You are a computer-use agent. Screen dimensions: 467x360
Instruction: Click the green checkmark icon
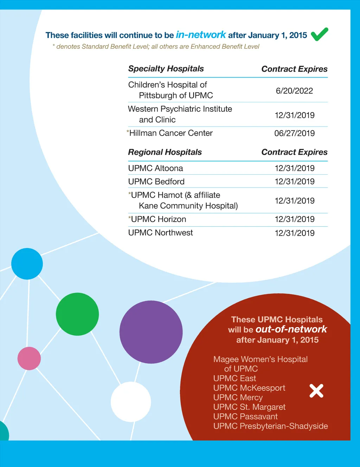[319, 34]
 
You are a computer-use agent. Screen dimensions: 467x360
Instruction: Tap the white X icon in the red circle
[316, 391]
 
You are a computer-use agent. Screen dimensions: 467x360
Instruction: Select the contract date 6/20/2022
[294, 91]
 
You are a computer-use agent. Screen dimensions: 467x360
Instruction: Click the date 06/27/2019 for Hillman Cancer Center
[294, 133]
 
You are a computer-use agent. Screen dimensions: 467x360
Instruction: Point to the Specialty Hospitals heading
[166, 69]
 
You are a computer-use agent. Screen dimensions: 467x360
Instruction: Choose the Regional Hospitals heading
[165, 152]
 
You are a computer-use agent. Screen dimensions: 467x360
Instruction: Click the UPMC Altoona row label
[155, 168]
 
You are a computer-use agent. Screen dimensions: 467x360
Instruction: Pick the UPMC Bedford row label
[156, 182]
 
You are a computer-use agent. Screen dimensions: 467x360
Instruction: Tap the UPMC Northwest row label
[160, 233]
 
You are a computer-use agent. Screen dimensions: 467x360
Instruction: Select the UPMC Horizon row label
[158, 219]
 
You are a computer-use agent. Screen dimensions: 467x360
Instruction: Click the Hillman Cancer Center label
[171, 133]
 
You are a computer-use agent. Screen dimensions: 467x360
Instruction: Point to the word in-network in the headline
[201, 35]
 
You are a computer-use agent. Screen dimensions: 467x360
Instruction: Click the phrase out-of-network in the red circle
[291, 329]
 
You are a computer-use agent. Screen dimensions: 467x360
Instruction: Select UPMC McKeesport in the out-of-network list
[249, 388]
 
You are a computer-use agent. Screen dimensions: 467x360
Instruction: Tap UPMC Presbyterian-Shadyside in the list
[270, 426]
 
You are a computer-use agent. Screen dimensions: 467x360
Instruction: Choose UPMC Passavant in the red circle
[245, 417]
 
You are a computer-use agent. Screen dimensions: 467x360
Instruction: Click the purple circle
[151, 332]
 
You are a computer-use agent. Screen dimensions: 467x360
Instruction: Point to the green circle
[77, 314]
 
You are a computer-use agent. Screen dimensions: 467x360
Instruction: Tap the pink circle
[29, 358]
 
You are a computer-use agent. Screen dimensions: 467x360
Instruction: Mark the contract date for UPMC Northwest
[294, 233]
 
